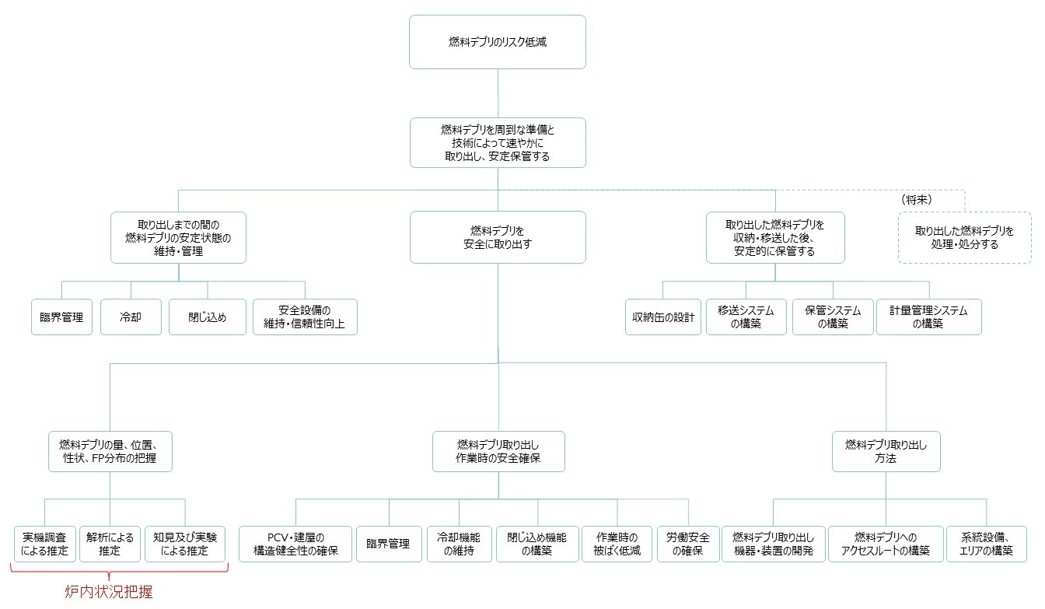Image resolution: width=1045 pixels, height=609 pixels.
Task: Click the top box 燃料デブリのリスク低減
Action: pyautogui.click(x=498, y=42)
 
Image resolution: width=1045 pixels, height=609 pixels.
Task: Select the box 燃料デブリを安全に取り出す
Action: pyautogui.click(x=498, y=237)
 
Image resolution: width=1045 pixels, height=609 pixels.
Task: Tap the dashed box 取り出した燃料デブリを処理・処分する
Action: pyautogui.click(x=964, y=237)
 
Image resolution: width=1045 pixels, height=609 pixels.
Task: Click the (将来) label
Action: pyautogui.click(x=917, y=200)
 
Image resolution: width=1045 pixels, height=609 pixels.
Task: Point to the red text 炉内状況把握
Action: pyautogui.click(x=109, y=592)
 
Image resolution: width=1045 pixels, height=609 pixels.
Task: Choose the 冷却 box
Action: pyautogui.click(x=131, y=317)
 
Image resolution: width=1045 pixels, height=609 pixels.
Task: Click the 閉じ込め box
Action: pyautogui.click(x=207, y=317)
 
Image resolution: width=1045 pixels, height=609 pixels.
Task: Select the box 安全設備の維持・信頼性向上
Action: pyautogui.click(x=305, y=317)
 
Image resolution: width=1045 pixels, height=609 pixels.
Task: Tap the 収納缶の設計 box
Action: pyautogui.click(x=663, y=317)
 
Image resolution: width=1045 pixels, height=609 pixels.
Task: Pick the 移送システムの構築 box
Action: pyautogui.click(x=746, y=317)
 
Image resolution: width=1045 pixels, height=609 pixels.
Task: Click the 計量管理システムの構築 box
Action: pyautogui.click(x=929, y=317)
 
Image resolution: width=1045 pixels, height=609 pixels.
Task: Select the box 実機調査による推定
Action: pyautogui.click(x=45, y=544)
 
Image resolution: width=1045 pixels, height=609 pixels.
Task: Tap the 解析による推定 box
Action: pyautogui.click(x=110, y=544)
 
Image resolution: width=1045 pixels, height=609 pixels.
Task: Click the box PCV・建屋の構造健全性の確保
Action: pyautogui.click(x=295, y=544)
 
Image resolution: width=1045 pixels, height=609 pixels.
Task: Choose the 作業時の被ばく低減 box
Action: pyautogui.click(x=617, y=544)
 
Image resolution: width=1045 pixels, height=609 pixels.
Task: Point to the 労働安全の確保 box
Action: pyautogui.click(x=688, y=544)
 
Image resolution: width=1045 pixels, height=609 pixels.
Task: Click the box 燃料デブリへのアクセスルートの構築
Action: pyautogui.click(x=886, y=544)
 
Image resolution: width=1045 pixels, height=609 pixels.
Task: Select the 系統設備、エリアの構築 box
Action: pyautogui.click(x=986, y=544)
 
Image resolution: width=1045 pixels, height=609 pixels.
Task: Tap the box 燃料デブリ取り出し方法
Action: pyautogui.click(x=886, y=451)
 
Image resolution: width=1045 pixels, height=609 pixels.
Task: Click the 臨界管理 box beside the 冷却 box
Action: pyautogui.click(x=61, y=317)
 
